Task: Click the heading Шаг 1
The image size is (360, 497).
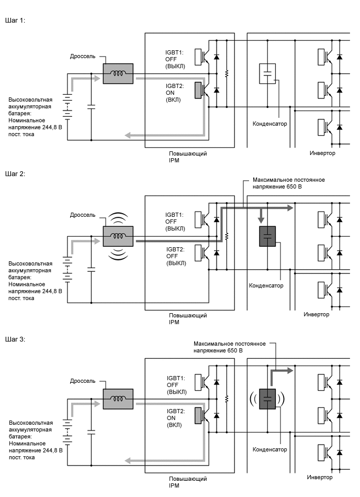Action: [x=15, y=20]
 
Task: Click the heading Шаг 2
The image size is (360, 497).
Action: [x=15, y=173]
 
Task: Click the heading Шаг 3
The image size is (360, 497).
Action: [x=15, y=339]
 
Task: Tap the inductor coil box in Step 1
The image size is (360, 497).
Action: [x=118, y=74]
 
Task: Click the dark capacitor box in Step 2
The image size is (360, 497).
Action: [x=267, y=236]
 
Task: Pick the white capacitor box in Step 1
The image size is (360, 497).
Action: [x=267, y=74]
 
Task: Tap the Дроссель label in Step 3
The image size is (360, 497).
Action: [x=83, y=381]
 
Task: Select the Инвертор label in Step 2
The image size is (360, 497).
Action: [x=317, y=314]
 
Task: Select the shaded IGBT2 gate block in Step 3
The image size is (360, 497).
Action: [x=198, y=415]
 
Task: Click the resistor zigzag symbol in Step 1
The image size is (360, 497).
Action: [x=227, y=74]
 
